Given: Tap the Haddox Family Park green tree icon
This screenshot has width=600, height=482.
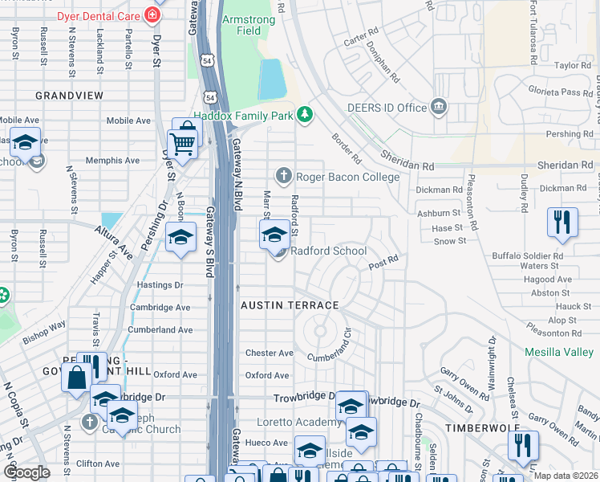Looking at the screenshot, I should point(304,116).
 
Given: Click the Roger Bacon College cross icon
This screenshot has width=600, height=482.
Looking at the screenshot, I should point(283,176).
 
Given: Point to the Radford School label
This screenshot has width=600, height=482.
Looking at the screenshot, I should point(329,251).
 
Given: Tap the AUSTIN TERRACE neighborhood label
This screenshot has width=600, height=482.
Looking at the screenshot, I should point(290,305).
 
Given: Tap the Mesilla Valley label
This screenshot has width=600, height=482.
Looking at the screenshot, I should point(559,352).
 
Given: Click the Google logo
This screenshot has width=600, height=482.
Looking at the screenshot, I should point(26,472).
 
